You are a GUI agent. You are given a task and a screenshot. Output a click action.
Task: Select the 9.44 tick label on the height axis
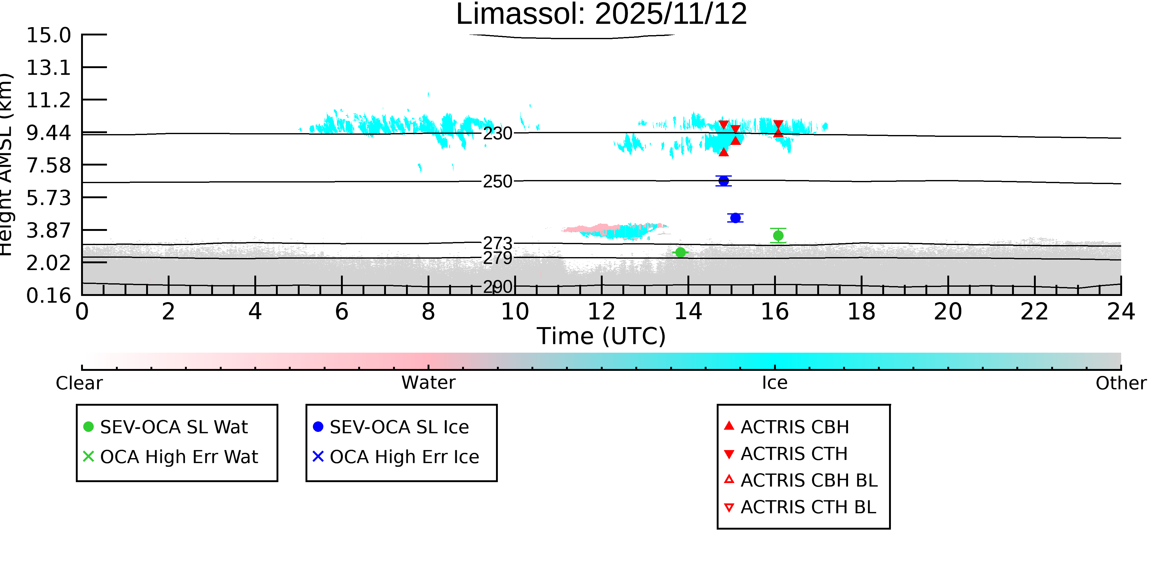coord(48,133)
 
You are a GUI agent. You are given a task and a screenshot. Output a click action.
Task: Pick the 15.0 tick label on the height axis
coord(48,35)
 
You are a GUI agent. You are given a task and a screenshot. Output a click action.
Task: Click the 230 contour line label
coord(497,134)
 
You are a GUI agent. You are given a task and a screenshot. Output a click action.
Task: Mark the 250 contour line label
coord(497,182)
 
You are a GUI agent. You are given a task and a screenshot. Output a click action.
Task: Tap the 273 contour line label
coord(497,243)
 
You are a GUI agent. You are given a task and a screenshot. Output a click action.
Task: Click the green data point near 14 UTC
coord(680,253)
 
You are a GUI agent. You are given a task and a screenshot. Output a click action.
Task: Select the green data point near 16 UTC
coord(778,236)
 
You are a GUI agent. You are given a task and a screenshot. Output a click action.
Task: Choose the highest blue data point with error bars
coord(724,181)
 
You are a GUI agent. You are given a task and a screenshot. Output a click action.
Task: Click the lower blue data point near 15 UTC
coord(735,218)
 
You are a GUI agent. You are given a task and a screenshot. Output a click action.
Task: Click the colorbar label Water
coord(428,383)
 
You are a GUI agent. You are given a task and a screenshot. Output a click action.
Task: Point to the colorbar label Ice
coord(775,383)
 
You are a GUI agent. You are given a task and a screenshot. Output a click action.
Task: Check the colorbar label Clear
coord(79,383)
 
